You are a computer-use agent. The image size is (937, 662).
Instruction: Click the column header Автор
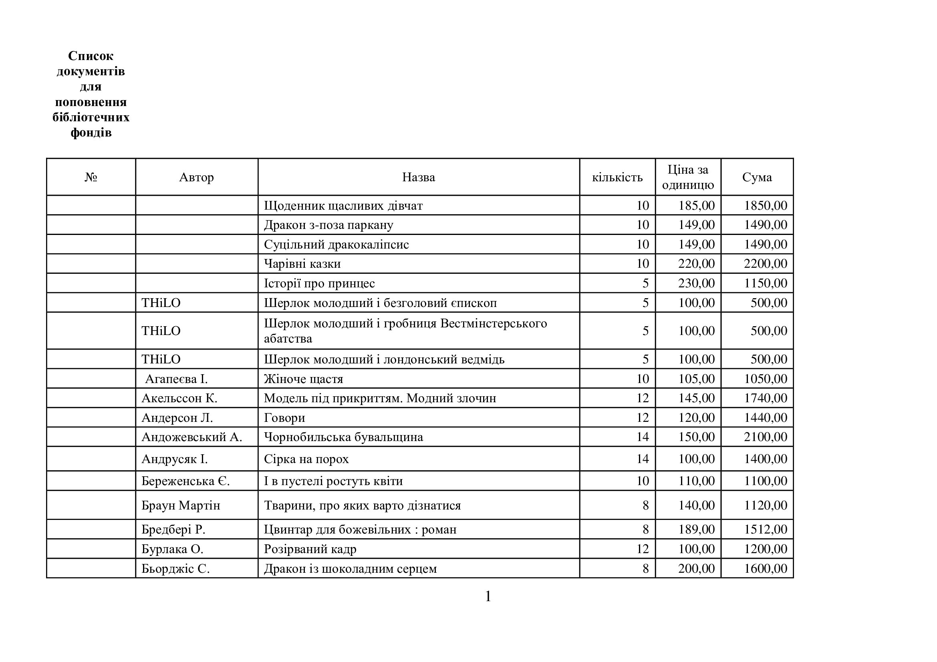click(196, 177)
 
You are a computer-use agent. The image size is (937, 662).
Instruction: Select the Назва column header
click(418, 177)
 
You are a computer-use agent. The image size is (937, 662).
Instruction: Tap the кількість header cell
click(617, 177)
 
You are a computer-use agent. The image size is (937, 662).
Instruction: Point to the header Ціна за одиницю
click(688, 177)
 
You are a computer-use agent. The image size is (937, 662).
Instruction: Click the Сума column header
click(757, 177)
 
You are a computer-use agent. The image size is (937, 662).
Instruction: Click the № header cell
click(91, 177)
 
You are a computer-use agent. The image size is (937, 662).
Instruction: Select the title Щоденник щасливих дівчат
click(343, 205)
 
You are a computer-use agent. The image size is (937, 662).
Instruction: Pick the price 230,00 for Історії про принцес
click(696, 283)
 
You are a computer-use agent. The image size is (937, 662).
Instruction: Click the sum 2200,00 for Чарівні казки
click(765, 264)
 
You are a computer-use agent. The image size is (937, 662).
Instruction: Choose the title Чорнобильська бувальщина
click(343, 437)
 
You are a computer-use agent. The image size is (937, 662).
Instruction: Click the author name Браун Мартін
click(181, 506)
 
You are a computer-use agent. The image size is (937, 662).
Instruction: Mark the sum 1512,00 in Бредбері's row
click(765, 530)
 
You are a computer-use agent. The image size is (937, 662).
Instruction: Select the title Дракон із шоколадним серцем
click(350, 569)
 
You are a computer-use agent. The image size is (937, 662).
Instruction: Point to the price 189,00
click(696, 530)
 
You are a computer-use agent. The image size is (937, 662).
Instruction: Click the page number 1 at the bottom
click(488, 597)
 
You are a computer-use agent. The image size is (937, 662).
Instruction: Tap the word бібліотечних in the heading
click(91, 117)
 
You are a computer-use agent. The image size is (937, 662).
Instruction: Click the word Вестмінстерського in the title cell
click(494, 323)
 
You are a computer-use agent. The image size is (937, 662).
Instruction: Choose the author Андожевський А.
click(192, 437)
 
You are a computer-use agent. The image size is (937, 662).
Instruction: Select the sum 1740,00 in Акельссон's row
click(765, 398)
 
